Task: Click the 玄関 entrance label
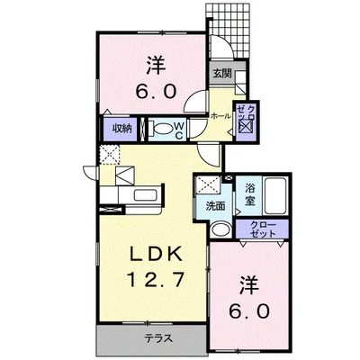tap(222, 74)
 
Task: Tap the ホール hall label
tap(221, 116)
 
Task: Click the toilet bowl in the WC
tap(163, 129)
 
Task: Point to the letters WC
tap(179, 130)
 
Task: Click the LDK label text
tap(157, 255)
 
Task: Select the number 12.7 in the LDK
tap(155, 280)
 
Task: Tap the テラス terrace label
tap(158, 338)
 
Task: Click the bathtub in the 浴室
tap(275, 196)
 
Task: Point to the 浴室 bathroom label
tap(249, 195)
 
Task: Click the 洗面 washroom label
tap(215, 206)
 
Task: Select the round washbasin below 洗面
tap(220, 229)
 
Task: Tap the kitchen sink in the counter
tap(145, 195)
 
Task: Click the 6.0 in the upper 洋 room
tap(156, 91)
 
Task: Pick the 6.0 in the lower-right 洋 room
tap(248, 311)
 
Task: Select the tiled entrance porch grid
tap(228, 31)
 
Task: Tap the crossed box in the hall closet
tap(246, 126)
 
